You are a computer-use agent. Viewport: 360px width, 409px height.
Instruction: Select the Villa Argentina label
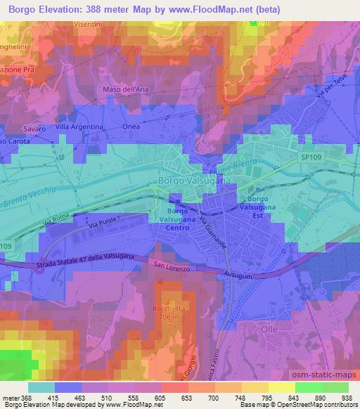[79, 126]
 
